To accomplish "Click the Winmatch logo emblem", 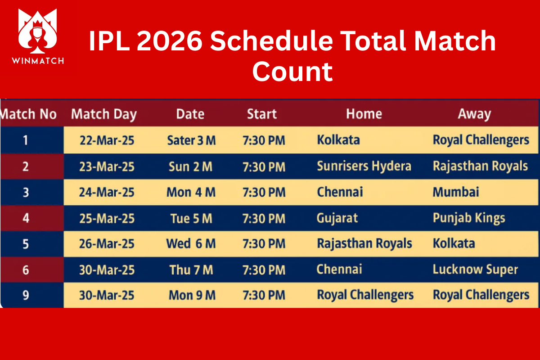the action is (x=38, y=31).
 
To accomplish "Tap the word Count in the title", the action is (x=292, y=72).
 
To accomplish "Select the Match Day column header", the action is (x=104, y=114).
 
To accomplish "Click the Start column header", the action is (x=262, y=114).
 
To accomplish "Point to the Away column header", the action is (x=474, y=114).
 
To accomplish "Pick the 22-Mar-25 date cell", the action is (x=107, y=140).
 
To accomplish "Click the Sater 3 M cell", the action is (x=191, y=140).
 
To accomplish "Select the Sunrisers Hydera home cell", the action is (x=364, y=166).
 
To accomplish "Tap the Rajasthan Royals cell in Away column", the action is (x=480, y=166).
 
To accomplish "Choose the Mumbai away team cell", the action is (x=456, y=192).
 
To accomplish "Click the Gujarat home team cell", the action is (x=337, y=218).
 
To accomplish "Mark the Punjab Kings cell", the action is (x=469, y=218).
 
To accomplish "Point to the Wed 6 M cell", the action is (x=191, y=243).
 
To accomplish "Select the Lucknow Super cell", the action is (x=475, y=270).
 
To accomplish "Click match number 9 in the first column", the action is (x=26, y=295).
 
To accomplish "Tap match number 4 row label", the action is (x=26, y=218).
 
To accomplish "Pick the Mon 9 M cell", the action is (x=192, y=295).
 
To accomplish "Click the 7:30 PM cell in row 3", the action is (x=264, y=193).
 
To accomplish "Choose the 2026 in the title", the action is (x=170, y=41).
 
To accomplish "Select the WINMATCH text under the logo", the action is (x=38, y=61).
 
